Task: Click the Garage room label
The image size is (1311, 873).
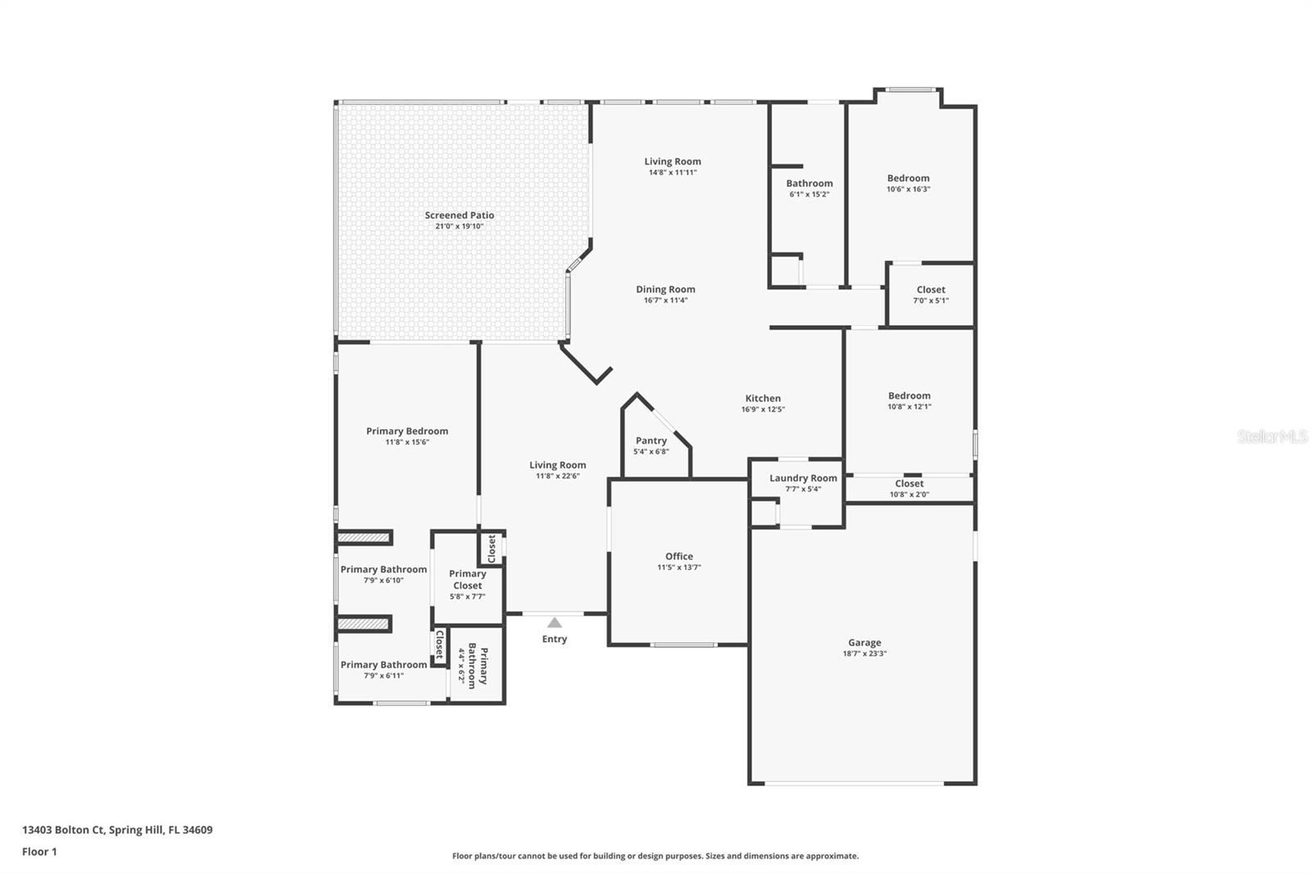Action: click(x=864, y=643)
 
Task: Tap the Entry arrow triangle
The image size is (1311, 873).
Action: click(x=555, y=623)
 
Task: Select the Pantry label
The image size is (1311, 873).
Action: click(x=651, y=441)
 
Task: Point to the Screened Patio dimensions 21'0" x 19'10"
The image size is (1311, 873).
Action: click(x=460, y=226)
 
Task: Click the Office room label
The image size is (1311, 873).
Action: click(x=678, y=556)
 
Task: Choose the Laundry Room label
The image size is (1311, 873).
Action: click(x=803, y=478)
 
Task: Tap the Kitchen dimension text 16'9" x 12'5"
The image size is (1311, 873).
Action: click(x=763, y=409)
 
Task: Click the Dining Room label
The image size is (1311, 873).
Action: click(x=665, y=289)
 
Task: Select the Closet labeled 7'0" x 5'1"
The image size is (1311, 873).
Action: click(x=931, y=290)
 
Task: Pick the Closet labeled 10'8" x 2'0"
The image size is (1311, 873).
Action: click(x=909, y=484)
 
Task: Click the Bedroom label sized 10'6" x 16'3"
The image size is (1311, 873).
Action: click(x=908, y=179)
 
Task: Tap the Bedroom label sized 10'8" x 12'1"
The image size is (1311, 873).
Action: click(x=909, y=396)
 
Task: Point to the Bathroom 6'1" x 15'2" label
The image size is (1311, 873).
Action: click(x=809, y=183)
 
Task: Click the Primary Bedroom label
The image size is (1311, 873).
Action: click(x=407, y=432)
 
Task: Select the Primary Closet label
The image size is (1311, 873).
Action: click(x=467, y=580)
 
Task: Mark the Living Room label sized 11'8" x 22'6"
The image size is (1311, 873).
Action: click(x=557, y=465)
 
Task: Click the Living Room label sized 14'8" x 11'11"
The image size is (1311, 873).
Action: click(x=672, y=162)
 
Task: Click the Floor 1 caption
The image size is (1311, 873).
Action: click(x=39, y=852)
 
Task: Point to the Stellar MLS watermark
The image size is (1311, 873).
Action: click(x=1272, y=436)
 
